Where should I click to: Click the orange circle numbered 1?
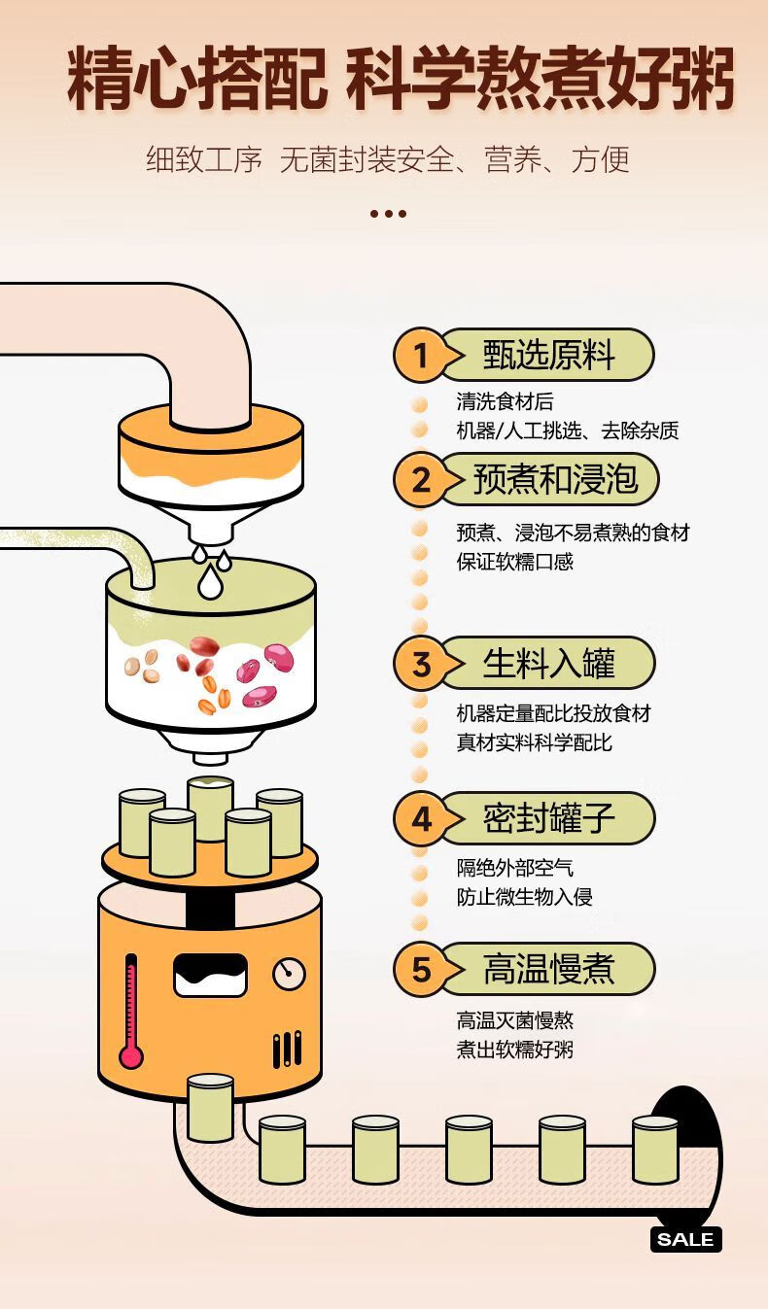(x=420, y=355)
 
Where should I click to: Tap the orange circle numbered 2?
(x=420, y=480)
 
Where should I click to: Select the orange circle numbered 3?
(x=420, y=664)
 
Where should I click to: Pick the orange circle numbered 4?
(x=420, y=819)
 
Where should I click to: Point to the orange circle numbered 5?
(x=420, y=970)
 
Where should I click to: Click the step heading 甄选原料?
(x=548, y=355)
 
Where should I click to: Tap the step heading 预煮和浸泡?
(x=555, y=479)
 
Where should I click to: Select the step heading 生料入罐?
(x=548, y=664)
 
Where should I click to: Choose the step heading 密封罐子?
(x=548, y=818)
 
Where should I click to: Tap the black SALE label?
(x=686, y=1239)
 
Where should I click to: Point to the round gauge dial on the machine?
(x=290, y=974)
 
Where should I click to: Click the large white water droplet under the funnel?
(x=210, y=582)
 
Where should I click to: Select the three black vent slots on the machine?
(x=287, y=1049)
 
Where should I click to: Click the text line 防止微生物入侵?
(x=524, y=896)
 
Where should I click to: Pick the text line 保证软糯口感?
(x=514, y=562)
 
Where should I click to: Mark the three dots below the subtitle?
(x=388, y=214)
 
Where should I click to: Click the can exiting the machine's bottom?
(x=210, y=1108)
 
